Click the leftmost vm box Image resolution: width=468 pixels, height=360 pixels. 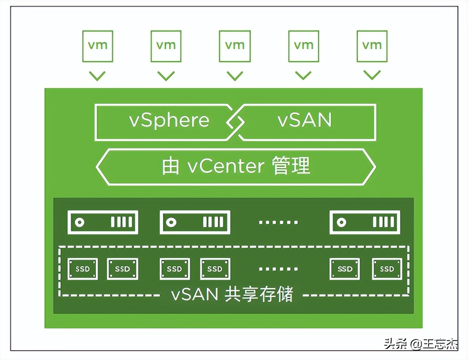coord(97,46)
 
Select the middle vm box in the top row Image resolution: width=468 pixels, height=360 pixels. coord(234,46)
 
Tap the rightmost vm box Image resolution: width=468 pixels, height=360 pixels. coord(372,46)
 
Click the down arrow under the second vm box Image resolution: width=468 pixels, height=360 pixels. coord(166,75)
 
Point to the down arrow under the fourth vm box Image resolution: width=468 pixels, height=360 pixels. coord(303,75)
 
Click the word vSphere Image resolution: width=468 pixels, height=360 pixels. coord(169,121)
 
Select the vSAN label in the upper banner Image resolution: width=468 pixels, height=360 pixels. coord(305,121)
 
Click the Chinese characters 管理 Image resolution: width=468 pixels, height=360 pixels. coord(291,166)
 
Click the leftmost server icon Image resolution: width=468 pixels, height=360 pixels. coord(103,222)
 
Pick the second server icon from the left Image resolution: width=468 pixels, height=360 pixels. coord(195,222)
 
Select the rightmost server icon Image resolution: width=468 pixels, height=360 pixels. coord(365,222)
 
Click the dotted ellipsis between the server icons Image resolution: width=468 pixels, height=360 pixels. coord(278,222)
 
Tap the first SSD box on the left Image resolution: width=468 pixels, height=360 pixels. coord(83,269)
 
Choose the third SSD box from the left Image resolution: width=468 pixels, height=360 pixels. coord(175,269)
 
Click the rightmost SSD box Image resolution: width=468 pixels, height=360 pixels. coord(387,269)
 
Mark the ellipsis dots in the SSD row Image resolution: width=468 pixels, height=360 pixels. coord(278,269)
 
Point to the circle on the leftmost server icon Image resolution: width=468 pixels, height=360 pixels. coord(80,222)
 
